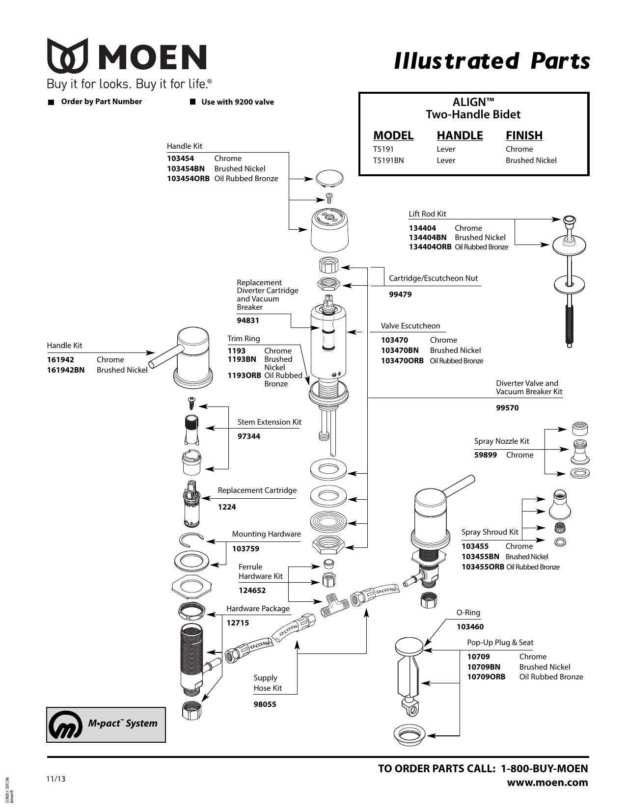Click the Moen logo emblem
point(68,56)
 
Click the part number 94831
point(248,321)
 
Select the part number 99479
point(400,295)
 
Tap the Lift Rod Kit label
point(427,214)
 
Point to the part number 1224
point(227,507)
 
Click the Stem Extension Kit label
point(269,422)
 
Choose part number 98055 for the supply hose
point(265,704)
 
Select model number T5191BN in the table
point(388,161)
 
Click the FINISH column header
point(524,135)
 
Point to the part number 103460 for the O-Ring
point(470,627)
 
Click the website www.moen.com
point(547,783)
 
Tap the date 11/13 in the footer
point(55,779)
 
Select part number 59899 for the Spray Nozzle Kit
point(485,455)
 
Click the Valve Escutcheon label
point(410,326)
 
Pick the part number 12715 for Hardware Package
point(238,623)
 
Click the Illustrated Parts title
point(491,61)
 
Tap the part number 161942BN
point(65,370)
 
